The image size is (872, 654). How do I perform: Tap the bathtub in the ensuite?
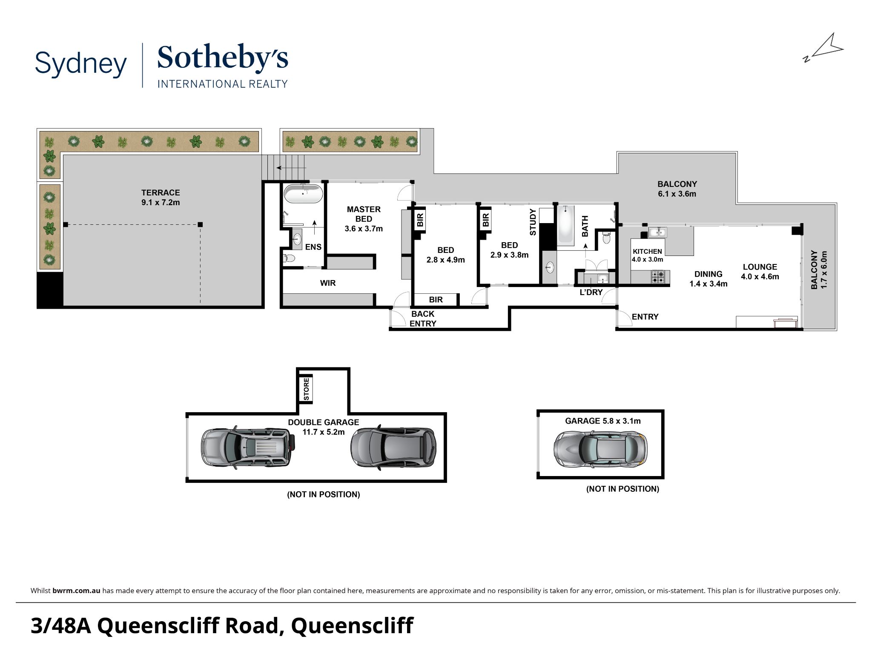click(304, 193)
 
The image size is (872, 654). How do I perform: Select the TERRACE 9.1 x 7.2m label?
click(161, 198)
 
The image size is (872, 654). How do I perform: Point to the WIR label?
click(328, 283)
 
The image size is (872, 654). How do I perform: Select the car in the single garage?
click(600, 448)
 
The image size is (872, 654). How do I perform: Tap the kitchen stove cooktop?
click(657, 277)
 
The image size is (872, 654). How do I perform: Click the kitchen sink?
click(658, 232)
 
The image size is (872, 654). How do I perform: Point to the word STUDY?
click(533, 222)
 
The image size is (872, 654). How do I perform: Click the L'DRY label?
click(591, 292)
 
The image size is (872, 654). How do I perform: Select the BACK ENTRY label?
click(423, 318)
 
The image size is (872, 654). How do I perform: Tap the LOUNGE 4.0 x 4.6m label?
click(760, 272)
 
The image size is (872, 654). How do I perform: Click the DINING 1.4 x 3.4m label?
click(708, 279)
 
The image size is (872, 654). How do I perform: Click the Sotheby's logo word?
click(223, 59)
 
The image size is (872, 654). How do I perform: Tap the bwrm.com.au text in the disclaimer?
click(77, 591)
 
